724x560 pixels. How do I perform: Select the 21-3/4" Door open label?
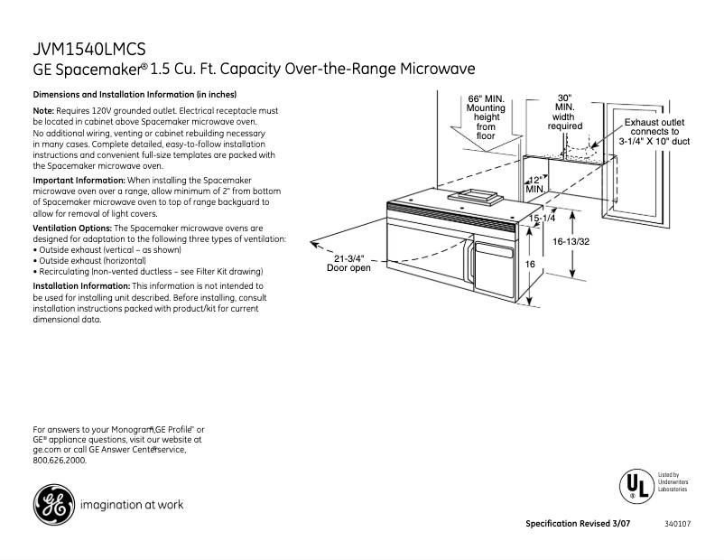coord(348,263)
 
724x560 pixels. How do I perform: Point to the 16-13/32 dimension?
coord(571,242)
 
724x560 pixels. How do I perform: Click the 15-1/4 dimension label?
coord(542,219)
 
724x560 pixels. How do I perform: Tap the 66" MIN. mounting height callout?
coord(486,117)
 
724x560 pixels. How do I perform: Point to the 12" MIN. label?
coord(535,184)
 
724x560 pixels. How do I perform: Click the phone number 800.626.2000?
coord(60,460)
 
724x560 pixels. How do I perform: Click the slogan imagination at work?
coord(132,505)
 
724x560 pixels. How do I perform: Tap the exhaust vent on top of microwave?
coord(473,193)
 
